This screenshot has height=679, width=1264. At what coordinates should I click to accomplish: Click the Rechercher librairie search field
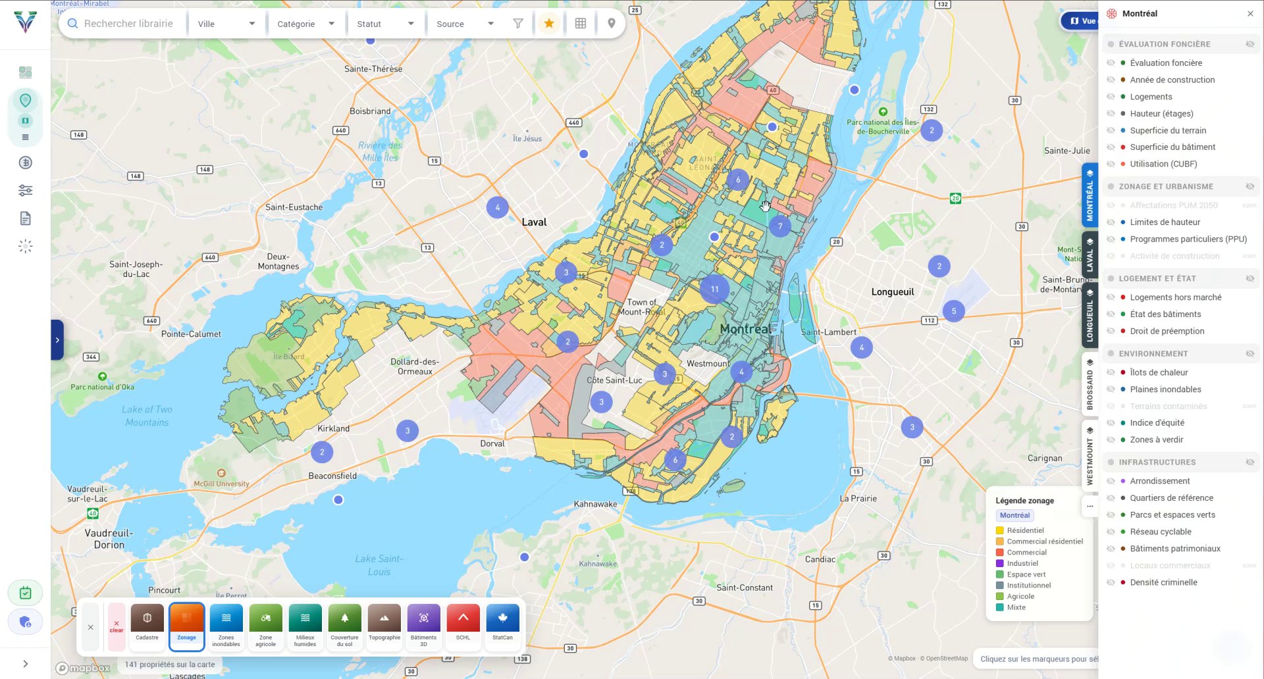(x=128, y=24)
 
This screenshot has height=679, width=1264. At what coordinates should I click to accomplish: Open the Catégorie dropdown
(x=305, y=24)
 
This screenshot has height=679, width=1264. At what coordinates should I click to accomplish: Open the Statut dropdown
(x=385, y=24)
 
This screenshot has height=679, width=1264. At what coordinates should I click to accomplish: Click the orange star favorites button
(x=549, y=24)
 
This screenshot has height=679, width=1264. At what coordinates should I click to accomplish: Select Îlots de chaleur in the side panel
(x=1159, y=372)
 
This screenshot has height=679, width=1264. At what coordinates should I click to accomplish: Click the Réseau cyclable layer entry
(x=1161, y=532)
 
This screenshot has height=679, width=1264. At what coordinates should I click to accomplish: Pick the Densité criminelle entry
(x=1163, y=582)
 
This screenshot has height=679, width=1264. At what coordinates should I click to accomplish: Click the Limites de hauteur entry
(x=1165, y=222)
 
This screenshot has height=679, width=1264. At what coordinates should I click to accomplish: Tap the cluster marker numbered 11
(x=714, y=289)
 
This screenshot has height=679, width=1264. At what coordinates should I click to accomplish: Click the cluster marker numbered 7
(x=780, y=226)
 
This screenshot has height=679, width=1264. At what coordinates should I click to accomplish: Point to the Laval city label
(x=534, y=222)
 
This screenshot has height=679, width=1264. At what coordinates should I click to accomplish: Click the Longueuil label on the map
(x=893, y=292)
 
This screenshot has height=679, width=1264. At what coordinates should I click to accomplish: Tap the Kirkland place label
(x=333, y=428)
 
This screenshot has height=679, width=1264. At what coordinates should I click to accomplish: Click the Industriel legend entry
(x=1022, y=563)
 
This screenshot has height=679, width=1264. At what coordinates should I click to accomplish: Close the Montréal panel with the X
(x=1250, y=14)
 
